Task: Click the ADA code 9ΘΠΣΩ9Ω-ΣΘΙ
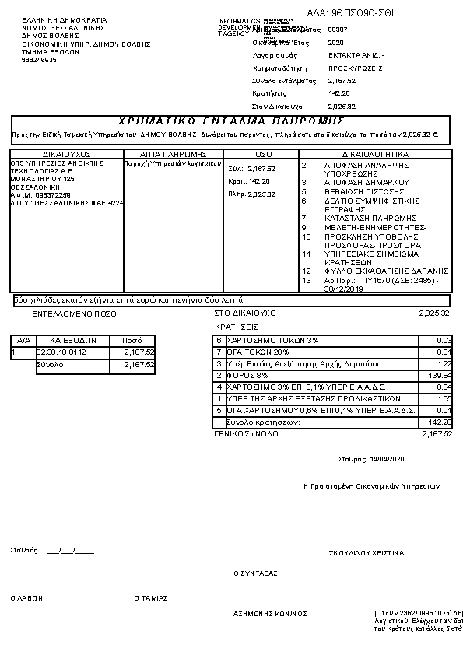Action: pyautogui.click(x=362, y=13)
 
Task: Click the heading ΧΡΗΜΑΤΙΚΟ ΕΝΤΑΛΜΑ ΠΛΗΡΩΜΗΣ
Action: pyautogui.click(x=231, y=121)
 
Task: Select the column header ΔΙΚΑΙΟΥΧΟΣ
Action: pyautogui.click(x=67, y=154)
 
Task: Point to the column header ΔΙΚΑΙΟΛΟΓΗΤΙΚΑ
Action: pyautogui.click(x=375, y=154)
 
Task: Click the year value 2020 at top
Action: pyautogui.click(x=336, y=43)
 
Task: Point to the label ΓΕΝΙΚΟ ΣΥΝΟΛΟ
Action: pyautogui.click(x=245, y=433)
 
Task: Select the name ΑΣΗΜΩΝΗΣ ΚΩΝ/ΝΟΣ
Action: pyautogui.click(x=270, y=613)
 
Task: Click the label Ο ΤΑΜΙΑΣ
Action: pyautogui.click(x=151, y=598)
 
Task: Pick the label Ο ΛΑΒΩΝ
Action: pyautogui.click(x=27, y=598)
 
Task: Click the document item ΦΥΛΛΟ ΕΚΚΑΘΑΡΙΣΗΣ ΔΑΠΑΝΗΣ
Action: pyautogui.click(x=375, y=271)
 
